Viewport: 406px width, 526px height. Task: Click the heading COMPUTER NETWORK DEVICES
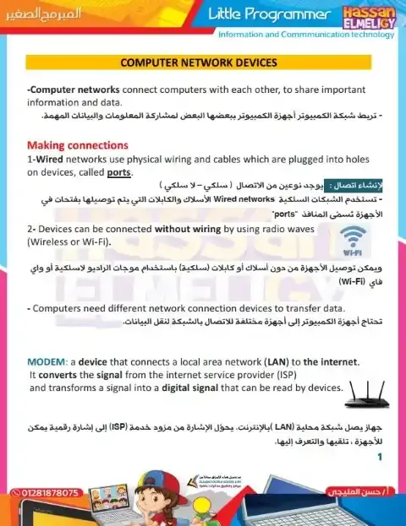pyautogui.click(x=200, y=63)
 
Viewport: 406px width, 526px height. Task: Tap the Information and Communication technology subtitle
pyautogui.click(x=306, y=35)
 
